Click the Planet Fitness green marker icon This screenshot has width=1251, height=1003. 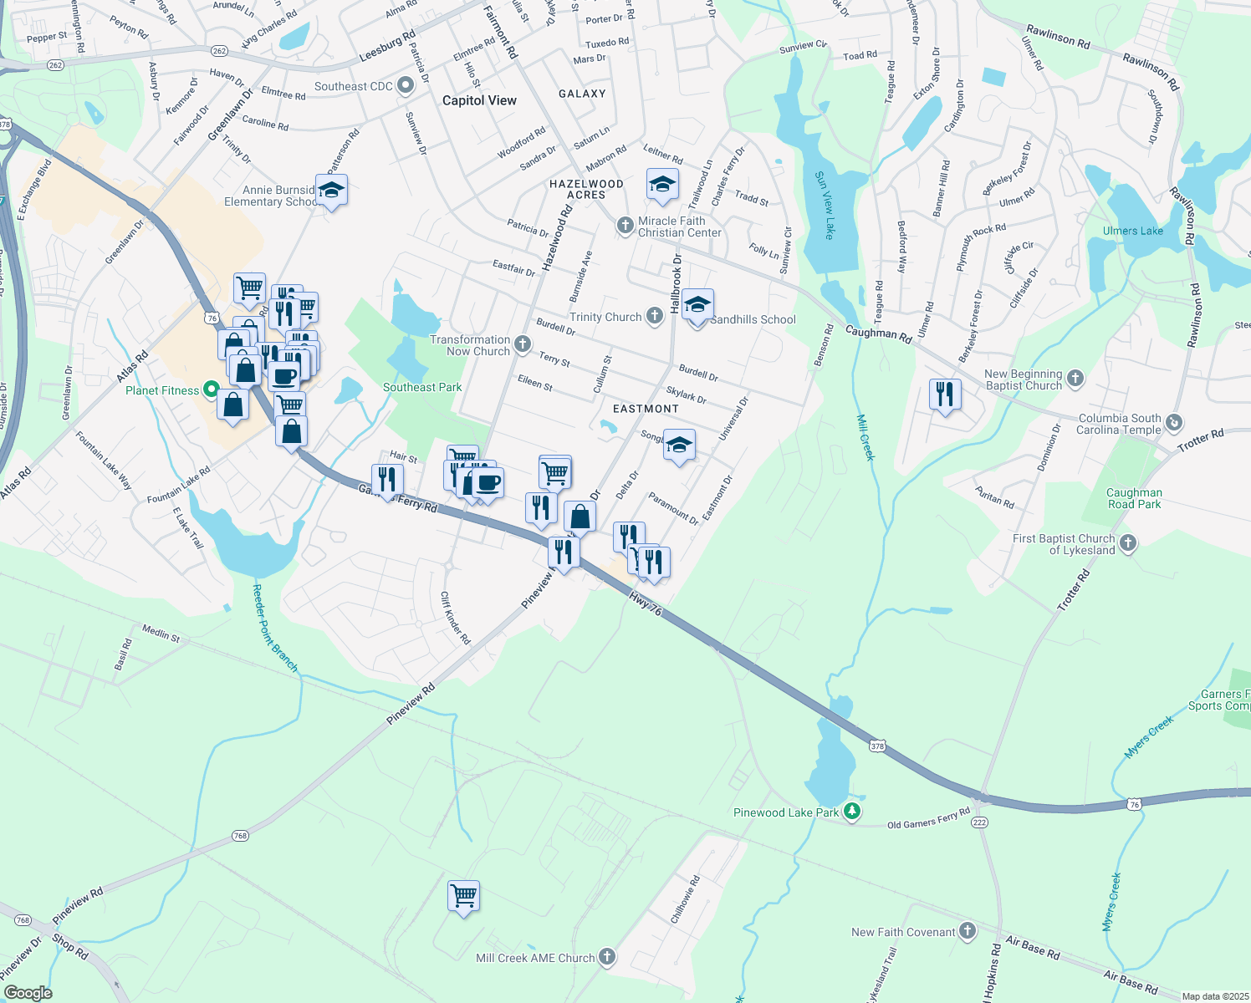click(x=211, y=389)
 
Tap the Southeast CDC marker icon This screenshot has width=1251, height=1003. click(x=406, y=85)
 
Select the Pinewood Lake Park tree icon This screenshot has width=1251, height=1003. click(x=851, y=812)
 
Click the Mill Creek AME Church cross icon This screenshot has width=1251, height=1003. click(x=607, y=957)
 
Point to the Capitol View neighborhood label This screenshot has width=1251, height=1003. click(x=479, y=100)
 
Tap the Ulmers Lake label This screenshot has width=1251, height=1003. click(x=1132, y=231)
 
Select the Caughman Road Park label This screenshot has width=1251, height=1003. click(x=1134, y=498)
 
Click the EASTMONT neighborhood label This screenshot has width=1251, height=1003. click(x=646, y=409)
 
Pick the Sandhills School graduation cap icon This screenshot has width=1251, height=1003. click(x=697, y=305)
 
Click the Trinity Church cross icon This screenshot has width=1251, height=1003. click(x=655, y=316)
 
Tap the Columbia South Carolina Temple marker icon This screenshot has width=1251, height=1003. click(x=1174, y=423)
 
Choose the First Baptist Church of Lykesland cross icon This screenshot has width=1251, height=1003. click(x=1127, y=543)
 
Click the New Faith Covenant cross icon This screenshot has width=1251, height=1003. click(x=968, y=930)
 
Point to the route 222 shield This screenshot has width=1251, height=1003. click(x=979, y=822)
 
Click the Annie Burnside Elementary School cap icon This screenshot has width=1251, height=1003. click(x=331, y=191)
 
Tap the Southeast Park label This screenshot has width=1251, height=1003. click(x=422, y=387)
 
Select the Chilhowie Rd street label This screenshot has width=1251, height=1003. click(x=686, y=899)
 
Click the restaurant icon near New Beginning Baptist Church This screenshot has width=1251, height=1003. click(x=944, y=393)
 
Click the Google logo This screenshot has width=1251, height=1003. click(x=28, y=993)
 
